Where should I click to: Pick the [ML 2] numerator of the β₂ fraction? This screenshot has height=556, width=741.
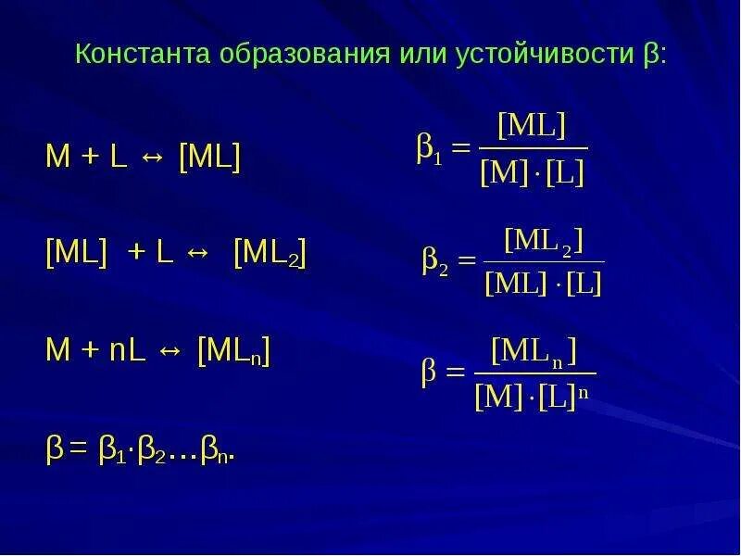tap(543, 240)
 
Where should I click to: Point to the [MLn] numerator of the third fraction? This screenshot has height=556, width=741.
tap(534, 351)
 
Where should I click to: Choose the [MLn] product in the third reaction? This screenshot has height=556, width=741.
tap(233, 352)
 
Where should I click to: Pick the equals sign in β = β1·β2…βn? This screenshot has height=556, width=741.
tap(79, 451)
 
